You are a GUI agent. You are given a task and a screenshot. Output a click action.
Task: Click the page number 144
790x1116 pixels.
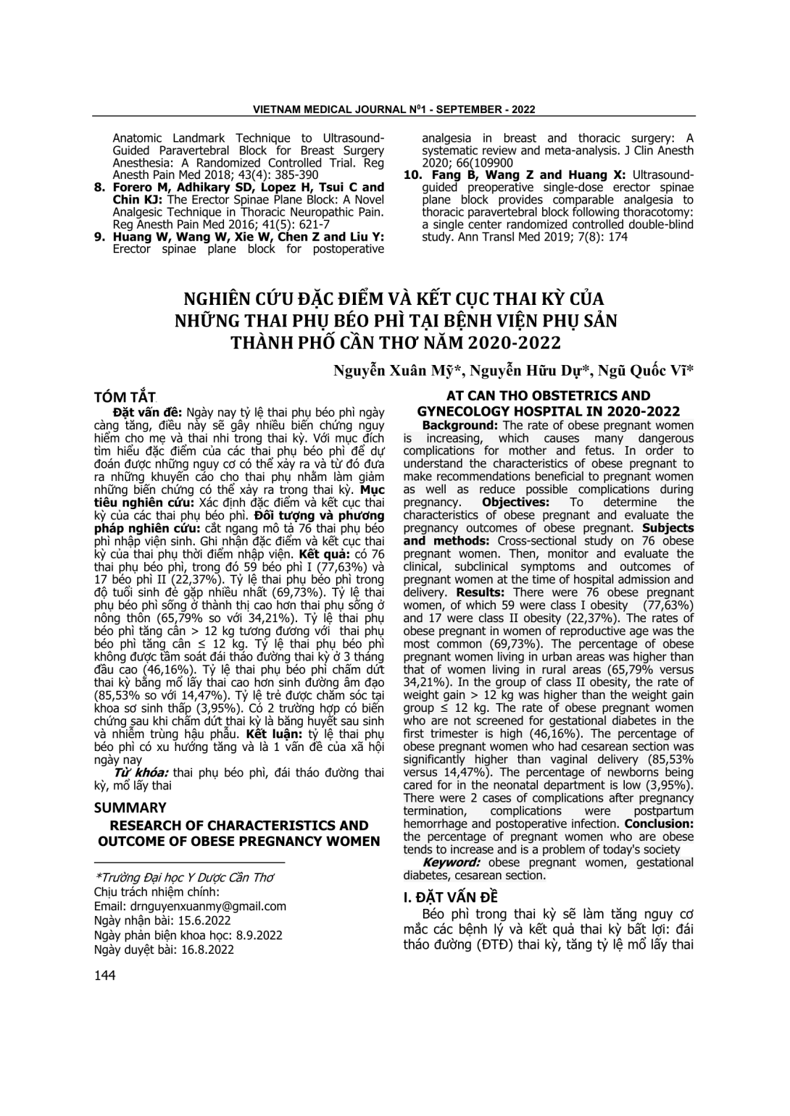click(105, 976)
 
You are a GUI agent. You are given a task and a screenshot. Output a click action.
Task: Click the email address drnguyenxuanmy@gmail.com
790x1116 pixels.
click(208, 906)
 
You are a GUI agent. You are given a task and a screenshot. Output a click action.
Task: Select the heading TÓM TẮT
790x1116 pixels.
click(125, 397)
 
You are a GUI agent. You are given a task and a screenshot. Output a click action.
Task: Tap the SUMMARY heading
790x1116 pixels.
click(130, 807)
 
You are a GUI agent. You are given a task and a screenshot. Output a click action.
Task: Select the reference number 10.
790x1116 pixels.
click(412, 175)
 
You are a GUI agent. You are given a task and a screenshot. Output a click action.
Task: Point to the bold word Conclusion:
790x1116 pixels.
click(659, 823)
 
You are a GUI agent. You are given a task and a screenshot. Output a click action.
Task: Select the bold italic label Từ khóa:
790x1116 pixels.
click(137, 773)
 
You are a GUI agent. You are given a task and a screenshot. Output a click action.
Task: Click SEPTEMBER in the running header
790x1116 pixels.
click(465, 109)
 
